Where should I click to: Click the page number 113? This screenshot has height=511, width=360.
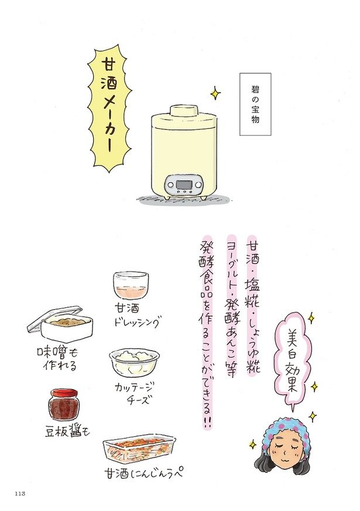point(20,493)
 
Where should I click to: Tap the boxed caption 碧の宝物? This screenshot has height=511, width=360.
point(255,104)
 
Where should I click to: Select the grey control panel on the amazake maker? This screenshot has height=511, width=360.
point(184,185)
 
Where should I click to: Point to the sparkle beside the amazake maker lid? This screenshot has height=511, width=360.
point(215,94)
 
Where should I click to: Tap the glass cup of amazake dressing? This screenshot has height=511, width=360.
point(131,285)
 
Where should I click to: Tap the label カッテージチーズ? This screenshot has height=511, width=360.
point(134,393)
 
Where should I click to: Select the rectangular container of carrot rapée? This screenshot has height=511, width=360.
point(139,450)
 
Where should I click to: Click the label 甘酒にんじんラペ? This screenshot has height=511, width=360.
point(143,473)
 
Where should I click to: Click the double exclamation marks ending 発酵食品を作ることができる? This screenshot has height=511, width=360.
point(207,423)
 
